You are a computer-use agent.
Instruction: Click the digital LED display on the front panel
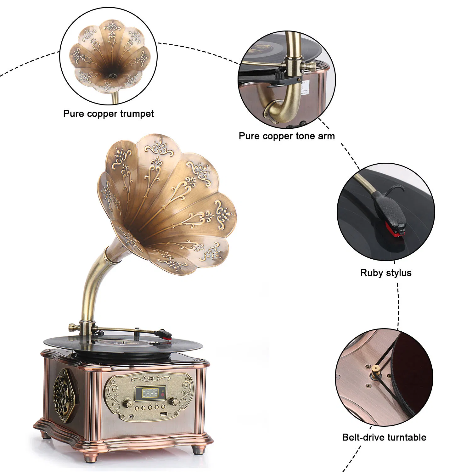(150, 393)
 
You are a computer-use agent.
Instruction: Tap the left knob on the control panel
(128, 403)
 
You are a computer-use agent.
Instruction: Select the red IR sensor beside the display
(162, 392)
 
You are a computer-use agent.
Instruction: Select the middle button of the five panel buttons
(150, 407)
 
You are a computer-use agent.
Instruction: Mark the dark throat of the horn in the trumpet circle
(110, 76)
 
